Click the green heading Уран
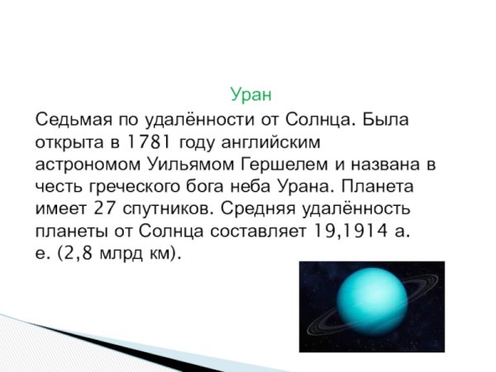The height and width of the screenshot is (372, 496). click(x=251, y=93)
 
